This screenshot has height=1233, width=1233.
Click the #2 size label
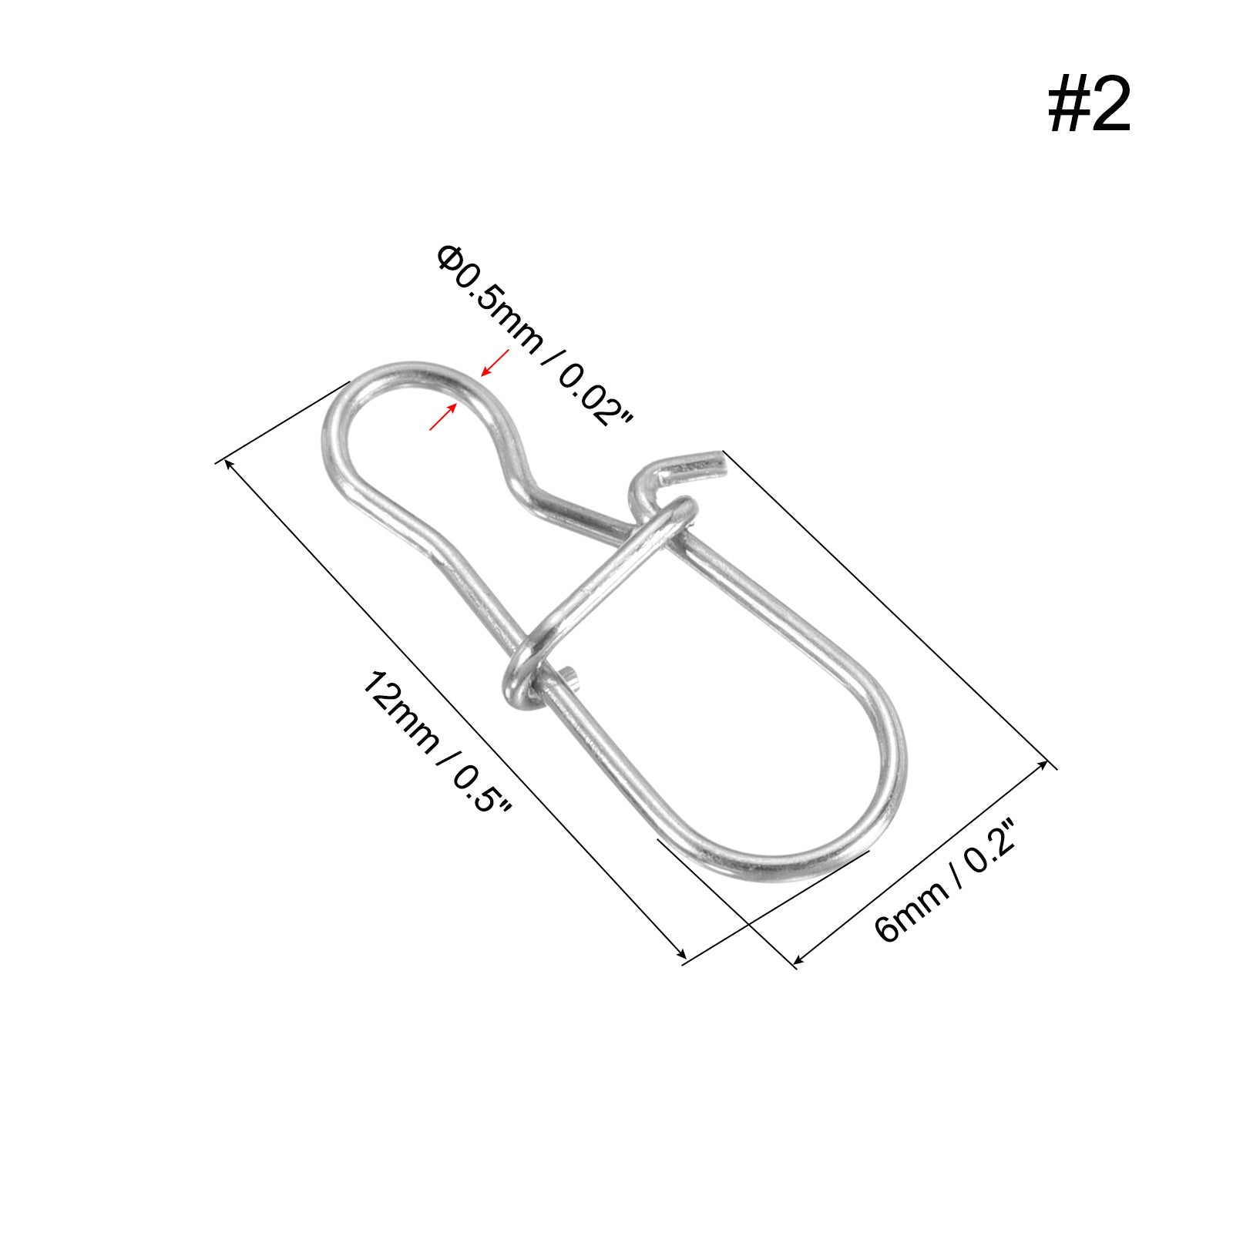1089,107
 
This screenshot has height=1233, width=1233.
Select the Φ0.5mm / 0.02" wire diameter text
534,335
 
